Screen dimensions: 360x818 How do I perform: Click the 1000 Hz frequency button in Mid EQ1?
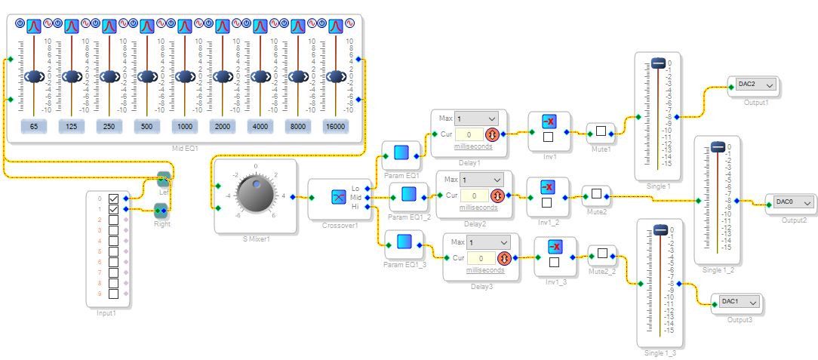coord(184,127)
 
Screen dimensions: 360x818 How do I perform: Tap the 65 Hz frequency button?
coord(34,127)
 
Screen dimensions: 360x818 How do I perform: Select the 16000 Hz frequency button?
coord(335,127)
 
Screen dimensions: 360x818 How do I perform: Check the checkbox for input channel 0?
coord(114,198)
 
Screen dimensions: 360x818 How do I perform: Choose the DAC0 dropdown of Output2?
coord(793,202)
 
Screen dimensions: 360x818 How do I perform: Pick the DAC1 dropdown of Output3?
coord(740,302)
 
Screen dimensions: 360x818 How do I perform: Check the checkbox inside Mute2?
coord(596,194)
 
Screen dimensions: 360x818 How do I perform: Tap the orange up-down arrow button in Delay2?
coord(497,195)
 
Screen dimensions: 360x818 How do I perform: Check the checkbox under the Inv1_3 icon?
coord(554,263)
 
